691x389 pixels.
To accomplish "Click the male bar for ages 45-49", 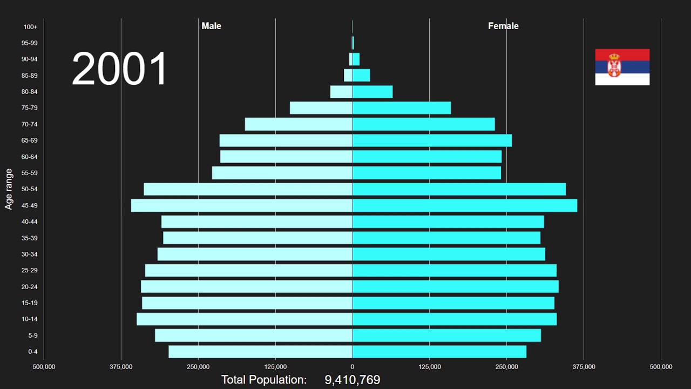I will [242, 205].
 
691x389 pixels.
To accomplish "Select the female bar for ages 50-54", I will [459, 189].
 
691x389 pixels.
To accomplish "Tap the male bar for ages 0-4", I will [260, 352].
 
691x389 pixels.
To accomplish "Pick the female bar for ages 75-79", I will [402, 108].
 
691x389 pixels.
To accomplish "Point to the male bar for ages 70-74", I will [299, 124].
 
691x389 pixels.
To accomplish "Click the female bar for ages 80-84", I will [372, 92].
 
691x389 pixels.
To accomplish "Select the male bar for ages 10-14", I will [245, 319].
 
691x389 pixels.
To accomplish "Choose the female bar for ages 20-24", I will [456, 286].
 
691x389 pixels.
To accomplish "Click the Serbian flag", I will [622, 67].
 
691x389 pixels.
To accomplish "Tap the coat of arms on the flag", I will [614, 66].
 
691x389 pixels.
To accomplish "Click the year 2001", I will [120, 69].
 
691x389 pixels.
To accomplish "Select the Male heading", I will [211, 26].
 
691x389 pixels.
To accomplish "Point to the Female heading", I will [503, 26].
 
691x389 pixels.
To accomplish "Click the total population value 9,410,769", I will [352, 380].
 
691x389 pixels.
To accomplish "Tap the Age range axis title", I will [9, 189].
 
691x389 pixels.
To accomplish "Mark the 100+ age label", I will [30, 27].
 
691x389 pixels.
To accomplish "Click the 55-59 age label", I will [30, 173].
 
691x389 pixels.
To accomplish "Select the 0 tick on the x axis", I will [353, 367].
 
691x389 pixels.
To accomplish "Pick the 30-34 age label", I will [30, 254].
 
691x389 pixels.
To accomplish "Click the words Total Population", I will [264, 380].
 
